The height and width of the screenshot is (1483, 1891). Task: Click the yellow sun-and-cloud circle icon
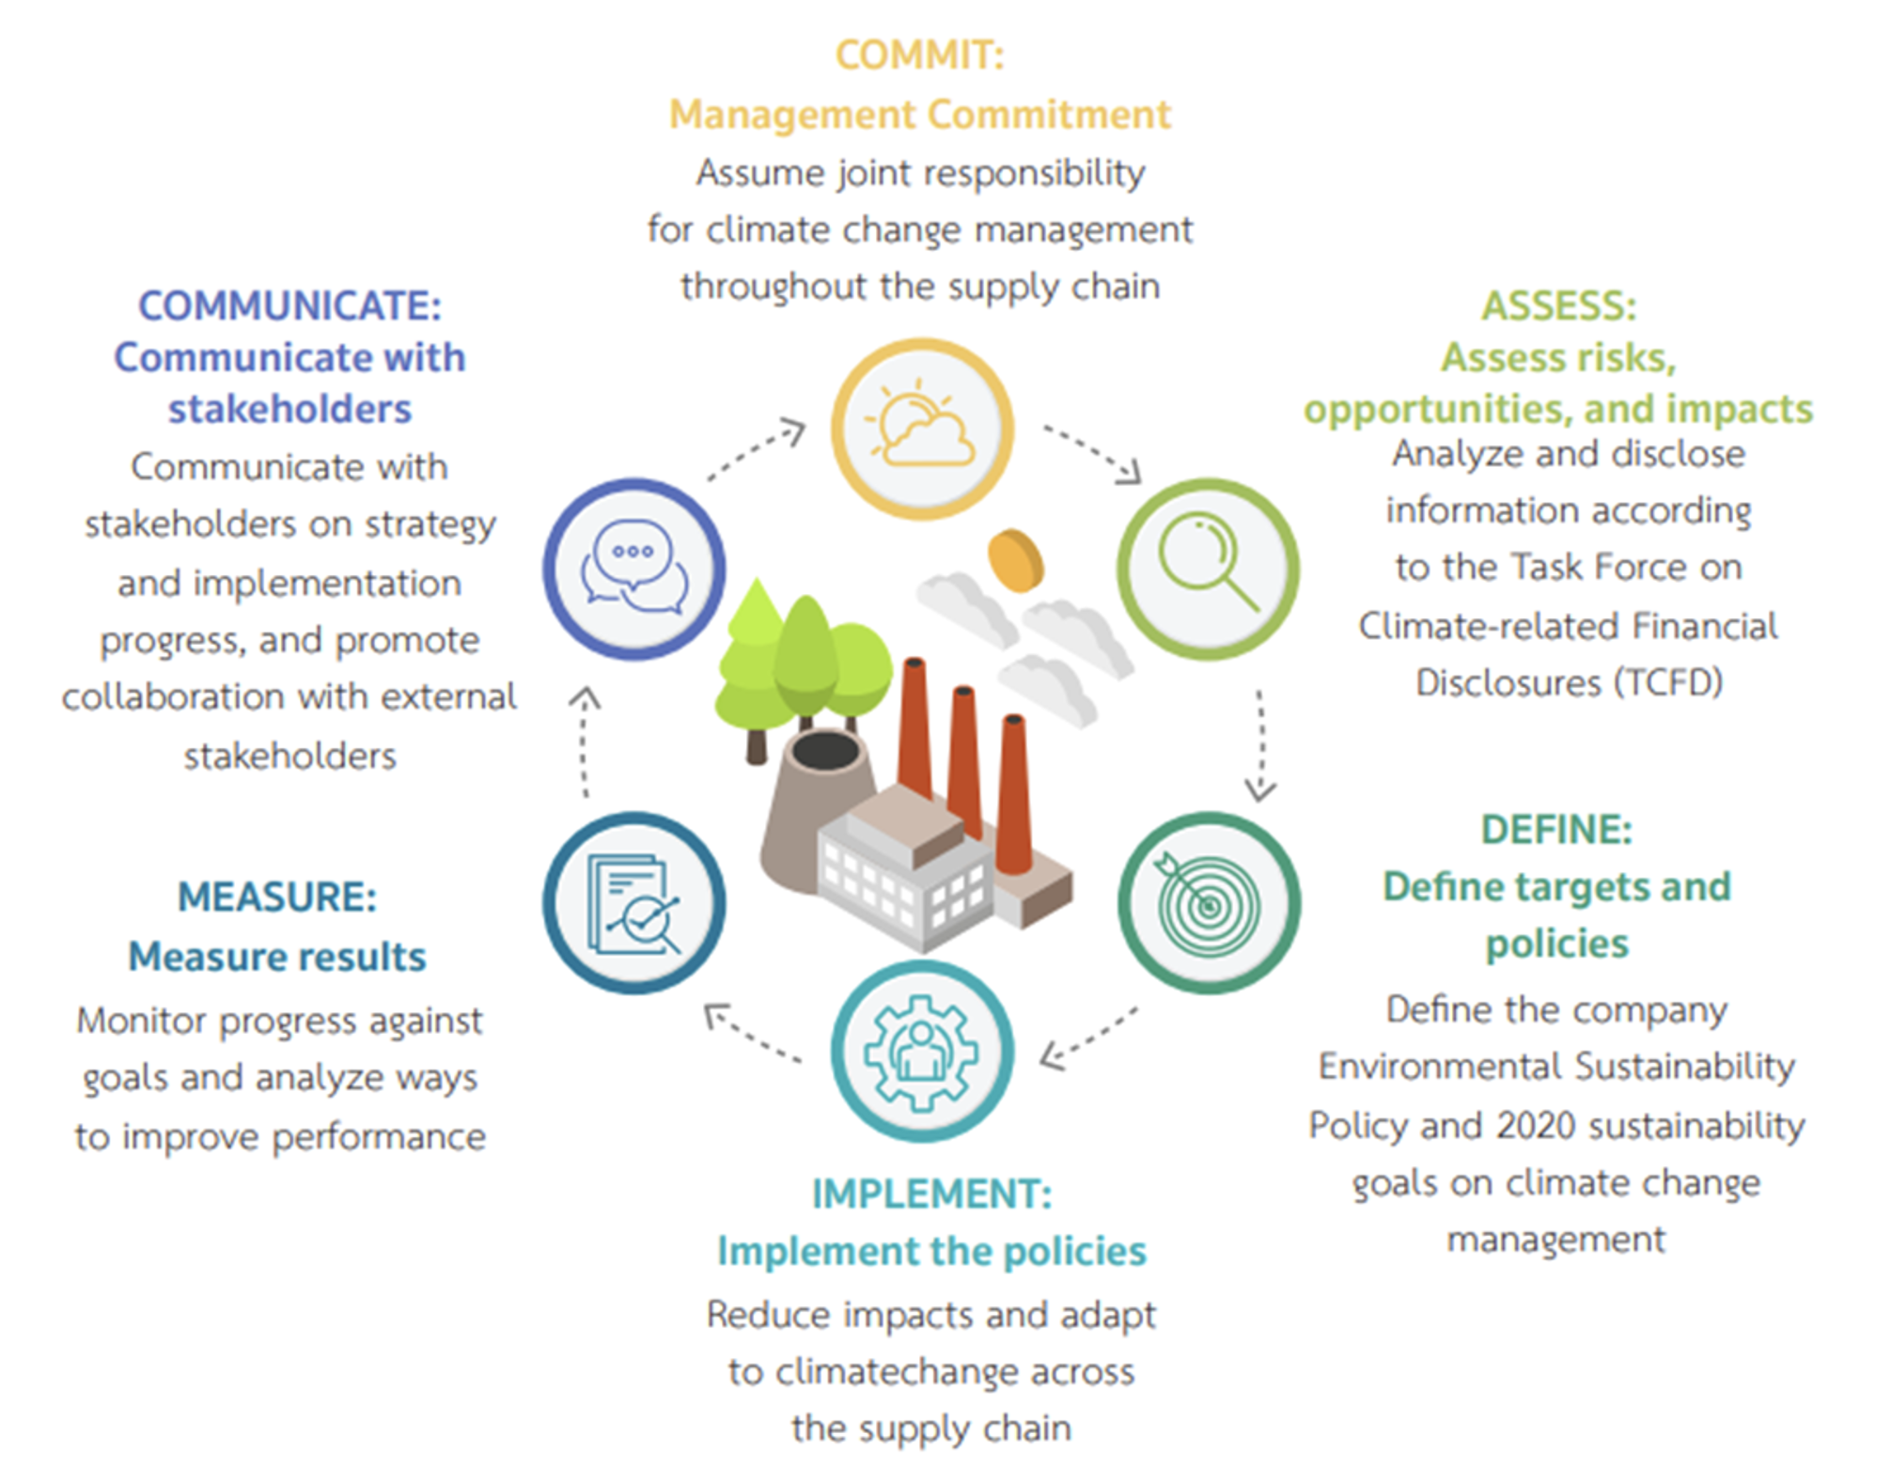(922, 429)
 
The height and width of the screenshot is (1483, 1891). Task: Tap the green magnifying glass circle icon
(1208, 569)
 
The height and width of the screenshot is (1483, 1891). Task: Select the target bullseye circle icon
(1209, 903)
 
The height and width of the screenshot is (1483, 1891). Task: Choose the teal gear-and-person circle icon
(922, 1051)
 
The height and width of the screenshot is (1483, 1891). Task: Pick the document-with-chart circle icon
(634, 903)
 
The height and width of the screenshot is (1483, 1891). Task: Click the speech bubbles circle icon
(634, 569)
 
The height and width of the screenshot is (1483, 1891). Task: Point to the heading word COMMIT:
(919, 55)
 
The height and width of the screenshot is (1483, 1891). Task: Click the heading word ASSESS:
(1558, 306)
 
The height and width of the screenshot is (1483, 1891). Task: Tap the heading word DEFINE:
(1556, 830)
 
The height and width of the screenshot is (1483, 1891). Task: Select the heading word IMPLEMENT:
(931, 1194)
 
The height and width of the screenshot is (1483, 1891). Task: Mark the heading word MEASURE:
(277, 897)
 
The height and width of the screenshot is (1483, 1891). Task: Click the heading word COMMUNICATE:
(289, 306)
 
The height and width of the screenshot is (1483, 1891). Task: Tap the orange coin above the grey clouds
(1015, 561)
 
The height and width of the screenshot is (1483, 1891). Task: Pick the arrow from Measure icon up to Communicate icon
(585, 742)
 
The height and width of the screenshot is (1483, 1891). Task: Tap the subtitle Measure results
(277, 957)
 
